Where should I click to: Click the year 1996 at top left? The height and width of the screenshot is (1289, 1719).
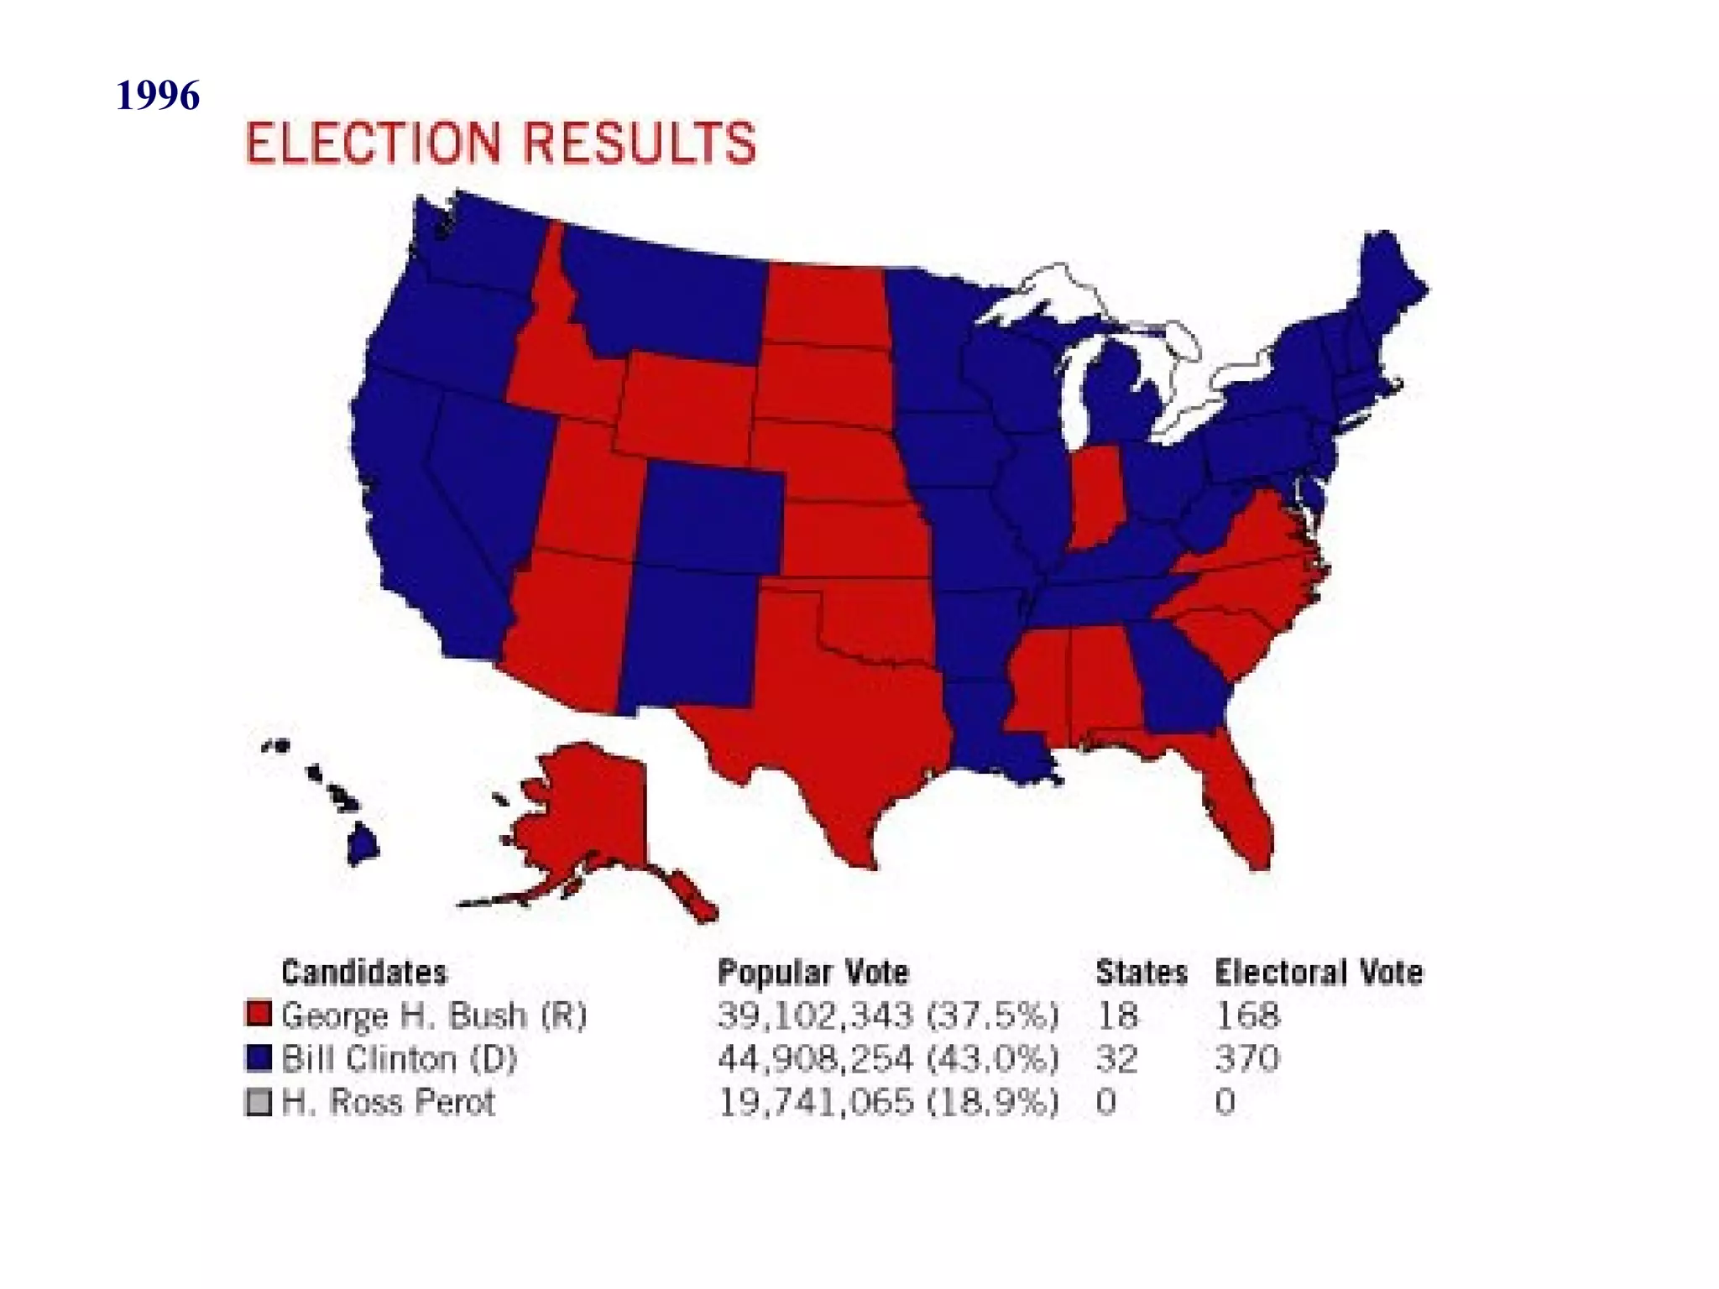coord(158,95)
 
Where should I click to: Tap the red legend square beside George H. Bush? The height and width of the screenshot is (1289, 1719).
coord(259,1014)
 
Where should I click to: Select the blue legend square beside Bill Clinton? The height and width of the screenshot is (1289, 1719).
coord(259,1057)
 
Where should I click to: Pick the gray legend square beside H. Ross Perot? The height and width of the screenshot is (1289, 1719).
coord(259,1101)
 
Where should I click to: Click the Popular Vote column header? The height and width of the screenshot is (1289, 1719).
coord(812,972)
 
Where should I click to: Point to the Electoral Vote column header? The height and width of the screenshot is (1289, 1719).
coord(1319,972)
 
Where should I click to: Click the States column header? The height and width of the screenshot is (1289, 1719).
coord(1141,972)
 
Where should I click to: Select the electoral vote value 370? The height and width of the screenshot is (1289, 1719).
coord(1247,1058)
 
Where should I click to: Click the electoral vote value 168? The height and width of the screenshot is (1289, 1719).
coord(1247,1015)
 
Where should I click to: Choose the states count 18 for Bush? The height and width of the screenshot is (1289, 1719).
coord(1116,1015)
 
